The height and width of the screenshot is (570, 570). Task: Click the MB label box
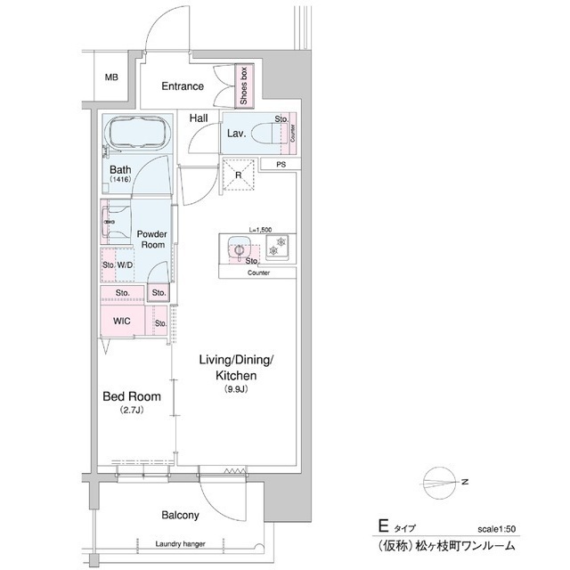[x=111, y=77]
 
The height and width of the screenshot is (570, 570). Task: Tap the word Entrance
[x=183, y=86]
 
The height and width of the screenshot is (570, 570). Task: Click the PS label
[x=281, y=165]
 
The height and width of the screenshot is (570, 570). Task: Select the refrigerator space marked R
[x=238, y=175]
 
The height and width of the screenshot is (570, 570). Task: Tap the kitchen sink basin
[x=238, y=248]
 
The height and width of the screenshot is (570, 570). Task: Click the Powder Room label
[x=152, y=238]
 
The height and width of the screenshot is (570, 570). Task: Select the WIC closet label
[x=122, y=322]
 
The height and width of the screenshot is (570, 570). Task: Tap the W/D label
[x=125, y=265]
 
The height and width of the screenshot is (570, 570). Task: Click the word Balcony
[x=180, y=515]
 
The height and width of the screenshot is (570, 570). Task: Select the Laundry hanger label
[x=181, y=544]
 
